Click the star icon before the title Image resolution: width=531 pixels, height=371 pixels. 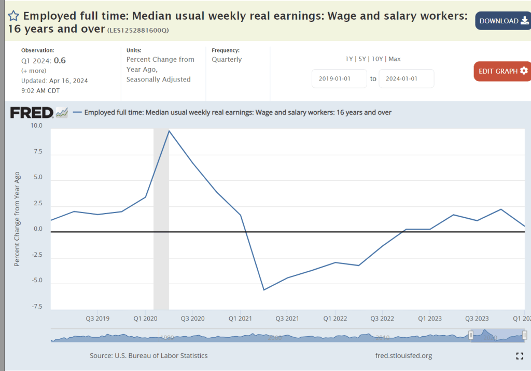tap(13, 16)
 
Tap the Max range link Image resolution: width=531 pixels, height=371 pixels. tap(395, 59)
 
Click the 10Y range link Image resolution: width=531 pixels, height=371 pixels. tap(378, 59)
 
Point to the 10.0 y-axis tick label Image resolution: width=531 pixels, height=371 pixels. tap(36, 126)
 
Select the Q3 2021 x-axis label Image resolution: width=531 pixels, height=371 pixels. tap(287, 318)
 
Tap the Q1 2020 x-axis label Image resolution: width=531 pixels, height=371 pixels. tap(145, 318)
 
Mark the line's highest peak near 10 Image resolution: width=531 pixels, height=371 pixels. tap(169, 130)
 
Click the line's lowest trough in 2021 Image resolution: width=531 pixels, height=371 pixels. tap(263, 290)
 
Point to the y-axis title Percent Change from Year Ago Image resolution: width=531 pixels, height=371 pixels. tap(17, 219)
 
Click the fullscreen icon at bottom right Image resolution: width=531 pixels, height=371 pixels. tap(520, 356)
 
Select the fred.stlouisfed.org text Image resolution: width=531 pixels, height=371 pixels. tap(403, 356)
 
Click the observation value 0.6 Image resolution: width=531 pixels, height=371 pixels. tap(60, 60)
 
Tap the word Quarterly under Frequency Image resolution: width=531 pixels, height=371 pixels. tap(227, 59)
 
